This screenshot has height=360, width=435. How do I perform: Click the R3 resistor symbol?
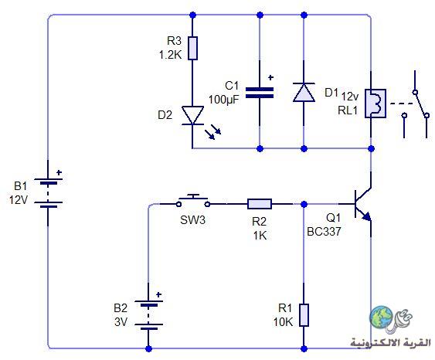tap(192, 48)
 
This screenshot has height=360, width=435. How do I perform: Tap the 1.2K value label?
tap(170, 55)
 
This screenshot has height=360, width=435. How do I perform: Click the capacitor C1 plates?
tap(260, 93)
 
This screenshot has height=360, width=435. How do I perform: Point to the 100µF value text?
tap(223, 100)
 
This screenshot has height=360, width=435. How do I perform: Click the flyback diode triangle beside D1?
tap(304, 93)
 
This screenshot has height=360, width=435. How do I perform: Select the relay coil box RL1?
tap(376, 104)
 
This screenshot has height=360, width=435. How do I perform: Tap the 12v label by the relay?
tap(350, 97)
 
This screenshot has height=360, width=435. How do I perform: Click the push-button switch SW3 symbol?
tap(193, 202)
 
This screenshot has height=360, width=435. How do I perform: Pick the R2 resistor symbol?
tap(260, 204)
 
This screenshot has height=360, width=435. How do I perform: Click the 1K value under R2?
tap(260, 236)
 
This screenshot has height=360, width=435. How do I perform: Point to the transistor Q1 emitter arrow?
tap(367, 216)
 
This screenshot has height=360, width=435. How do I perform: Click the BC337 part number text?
tap(324, 231)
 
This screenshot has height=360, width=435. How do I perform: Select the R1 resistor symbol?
tap(304, 315)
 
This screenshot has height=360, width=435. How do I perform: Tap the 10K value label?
tap(283, 322)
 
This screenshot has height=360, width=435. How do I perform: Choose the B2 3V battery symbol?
tap(148, 315)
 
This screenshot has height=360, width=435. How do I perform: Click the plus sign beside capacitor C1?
tap(270, 78)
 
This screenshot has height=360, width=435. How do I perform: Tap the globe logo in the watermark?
tap(382, 317)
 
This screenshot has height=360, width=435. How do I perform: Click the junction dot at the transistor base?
tap(304, 204)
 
